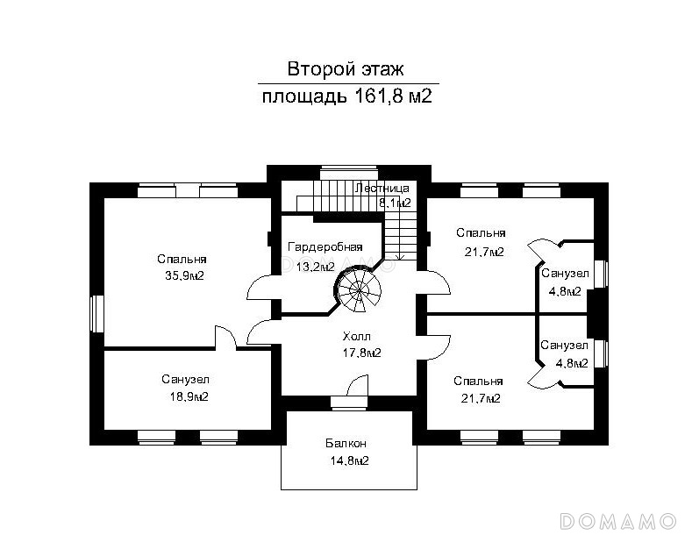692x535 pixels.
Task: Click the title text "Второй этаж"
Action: coord(346,69)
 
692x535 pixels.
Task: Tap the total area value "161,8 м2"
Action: coord(393,96)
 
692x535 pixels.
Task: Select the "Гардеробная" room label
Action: coord(325,246)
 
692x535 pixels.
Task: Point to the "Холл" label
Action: coord(357,337)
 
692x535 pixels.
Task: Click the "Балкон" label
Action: coord(346,443)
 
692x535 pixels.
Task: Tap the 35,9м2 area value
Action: coord(184,276)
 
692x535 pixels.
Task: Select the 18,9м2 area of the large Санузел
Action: coord(189,396)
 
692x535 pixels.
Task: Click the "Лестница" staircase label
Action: coord(382,188)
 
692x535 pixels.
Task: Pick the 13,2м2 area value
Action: coord(315,267)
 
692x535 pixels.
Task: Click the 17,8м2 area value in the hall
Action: coord(362,353)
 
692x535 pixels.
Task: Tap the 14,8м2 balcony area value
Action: coord(350,460)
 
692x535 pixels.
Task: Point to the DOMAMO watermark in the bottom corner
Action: coord(617,521)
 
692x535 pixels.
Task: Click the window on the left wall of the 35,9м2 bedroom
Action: coord(96,313)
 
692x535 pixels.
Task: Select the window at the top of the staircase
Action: coord(349,172)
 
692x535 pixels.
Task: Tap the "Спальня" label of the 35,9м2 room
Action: coord(182,259)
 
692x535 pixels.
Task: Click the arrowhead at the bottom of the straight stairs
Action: coord(401,257)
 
